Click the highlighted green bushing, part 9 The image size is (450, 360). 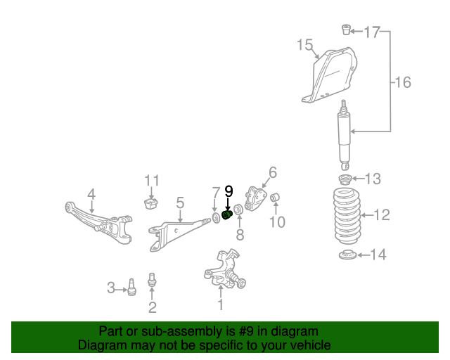(x=227, y=214)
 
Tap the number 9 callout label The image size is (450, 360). (x=228, y=191)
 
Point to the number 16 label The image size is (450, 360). (x=401, y=83)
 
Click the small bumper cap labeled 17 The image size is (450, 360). (x=346, y=30)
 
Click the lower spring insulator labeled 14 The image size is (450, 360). (x=345, y=255)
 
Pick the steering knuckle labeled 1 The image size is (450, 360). (x=225, y=271)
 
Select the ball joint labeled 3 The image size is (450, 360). (x=131, y=288)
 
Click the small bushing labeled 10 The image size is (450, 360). (x=276, y=195)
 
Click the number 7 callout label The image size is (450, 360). (x=216, y=192)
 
